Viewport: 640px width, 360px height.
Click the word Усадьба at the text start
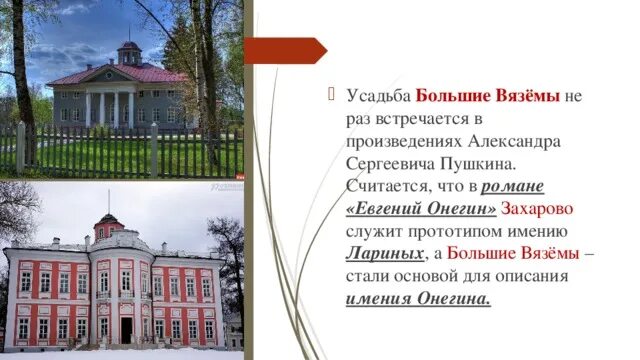(377, 97)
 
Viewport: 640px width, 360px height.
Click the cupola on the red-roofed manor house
(129, 51)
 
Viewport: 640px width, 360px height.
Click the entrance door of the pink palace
(126, 328)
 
